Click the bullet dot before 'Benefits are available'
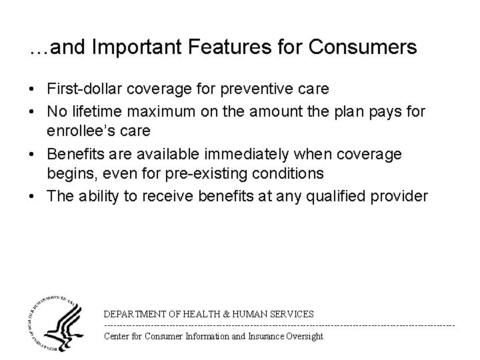coord(34,155)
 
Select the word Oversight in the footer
coord(303,336)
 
